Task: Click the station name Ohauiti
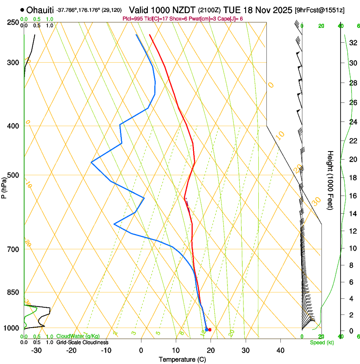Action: pos(42,10)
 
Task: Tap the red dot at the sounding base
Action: pos(210,329)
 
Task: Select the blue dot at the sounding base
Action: pos(206,329)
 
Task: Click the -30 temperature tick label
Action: pos(36,350)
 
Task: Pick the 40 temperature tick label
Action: pos(280,350)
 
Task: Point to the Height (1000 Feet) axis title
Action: pos(330,180)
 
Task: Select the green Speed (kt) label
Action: pos(321,342)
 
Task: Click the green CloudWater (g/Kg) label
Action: pos(78,336)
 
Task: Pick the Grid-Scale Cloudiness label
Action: pos(82,342)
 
